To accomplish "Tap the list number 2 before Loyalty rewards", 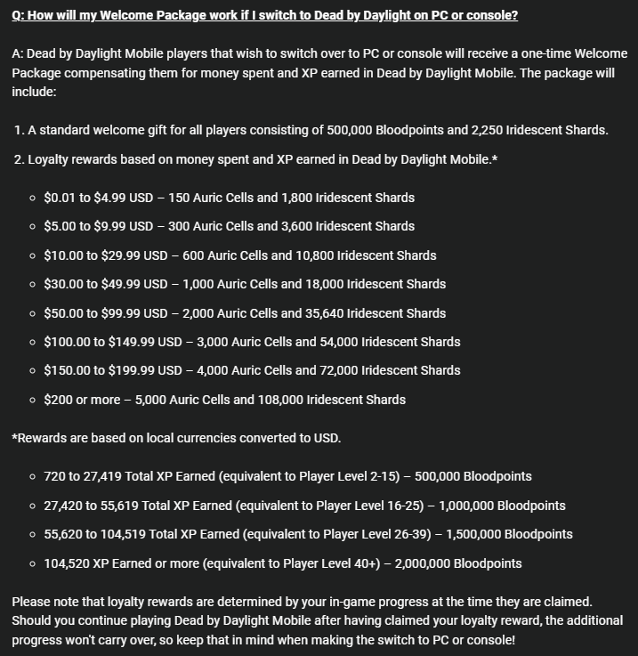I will (x=18, y=159).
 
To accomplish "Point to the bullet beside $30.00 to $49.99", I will (x=33, y=284).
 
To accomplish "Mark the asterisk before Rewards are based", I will (x=14, y=438).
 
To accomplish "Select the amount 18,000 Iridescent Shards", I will (x=308, y=284).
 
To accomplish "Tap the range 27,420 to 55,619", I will (x=96, y=506).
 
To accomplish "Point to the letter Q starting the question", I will (x=17, y=16).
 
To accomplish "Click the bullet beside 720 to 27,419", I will (x=33, y=476).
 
